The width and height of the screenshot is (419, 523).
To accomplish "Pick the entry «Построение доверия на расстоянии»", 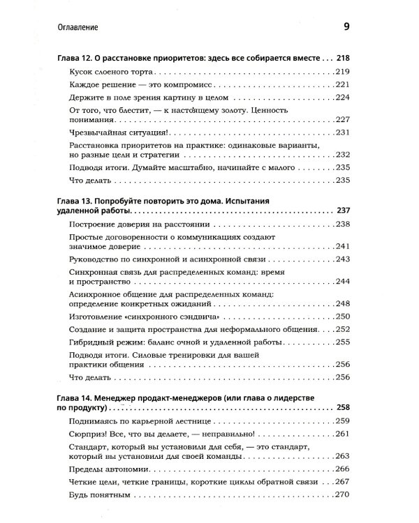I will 140,224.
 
